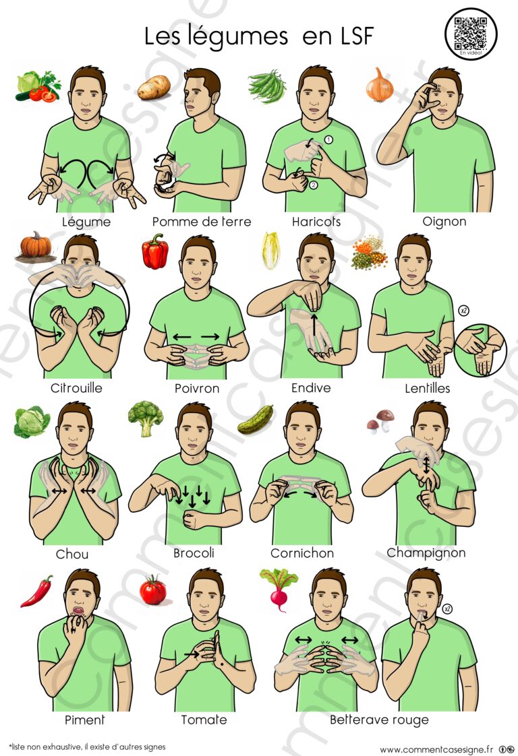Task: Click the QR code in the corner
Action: (x=470, y=33)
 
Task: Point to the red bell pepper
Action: (x=155, y=251)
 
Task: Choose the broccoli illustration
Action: (x=145, y=418)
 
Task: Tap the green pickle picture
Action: (x=256, y=420)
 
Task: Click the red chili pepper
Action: (x=37, y=591)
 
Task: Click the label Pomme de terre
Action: (x=202, y=222)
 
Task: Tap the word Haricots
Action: (x=316, y=222)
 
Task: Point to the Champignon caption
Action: (x=426, y=553)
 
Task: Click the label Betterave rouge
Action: (x=380, y=720)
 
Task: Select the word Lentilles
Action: (x=427, y=388)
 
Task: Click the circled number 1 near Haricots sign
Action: (x=328, y=140)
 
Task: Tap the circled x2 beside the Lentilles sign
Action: (x=463, y=311)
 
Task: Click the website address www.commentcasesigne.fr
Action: (x=436, y=749)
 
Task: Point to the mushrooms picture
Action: (x=380, y=421)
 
